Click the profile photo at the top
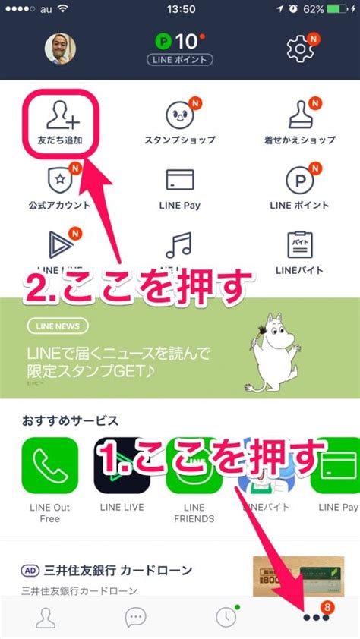coord(60,49)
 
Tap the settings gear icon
coord(301,49)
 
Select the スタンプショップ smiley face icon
coord(180,115)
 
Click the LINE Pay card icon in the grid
coord(180,180)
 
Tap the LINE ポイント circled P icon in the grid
coord(299,181)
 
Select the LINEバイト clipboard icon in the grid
coord(299,244)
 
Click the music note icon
coord(180,244)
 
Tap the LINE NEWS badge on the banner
coord(57,326)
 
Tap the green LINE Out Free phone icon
coord(50,465)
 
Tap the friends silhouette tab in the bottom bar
coord(46,617)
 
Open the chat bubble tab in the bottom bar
coord(135,617)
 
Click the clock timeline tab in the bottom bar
coord(225,617)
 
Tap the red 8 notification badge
coord(327,606)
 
